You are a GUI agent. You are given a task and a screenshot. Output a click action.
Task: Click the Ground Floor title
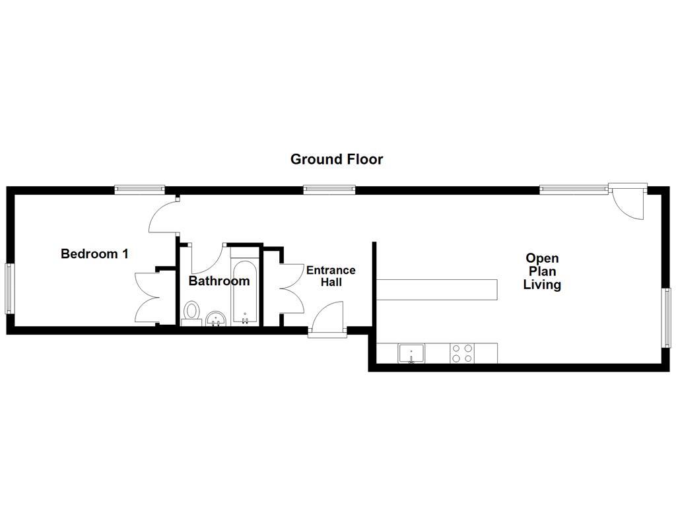(337, 159)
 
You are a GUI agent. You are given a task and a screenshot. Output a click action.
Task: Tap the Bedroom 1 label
(94, 253)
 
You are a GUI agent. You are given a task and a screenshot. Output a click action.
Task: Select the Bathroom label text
(219, 281)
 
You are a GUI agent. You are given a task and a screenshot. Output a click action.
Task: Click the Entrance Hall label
(331, 276)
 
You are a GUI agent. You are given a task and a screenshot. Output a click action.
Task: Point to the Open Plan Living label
(542, 271)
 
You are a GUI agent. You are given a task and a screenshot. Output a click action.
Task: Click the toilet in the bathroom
(192, 312)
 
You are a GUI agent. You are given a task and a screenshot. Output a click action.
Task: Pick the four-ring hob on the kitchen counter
(461, 354)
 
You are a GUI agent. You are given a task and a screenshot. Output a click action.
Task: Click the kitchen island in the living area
(436, 288)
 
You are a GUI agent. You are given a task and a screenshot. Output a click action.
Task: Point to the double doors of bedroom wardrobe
(147, 297)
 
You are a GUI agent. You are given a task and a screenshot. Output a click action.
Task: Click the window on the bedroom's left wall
(10, 288)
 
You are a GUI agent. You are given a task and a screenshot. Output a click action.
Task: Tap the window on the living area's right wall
(666, 318)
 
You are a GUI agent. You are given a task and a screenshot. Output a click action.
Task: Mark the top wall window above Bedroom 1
(139, 189)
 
